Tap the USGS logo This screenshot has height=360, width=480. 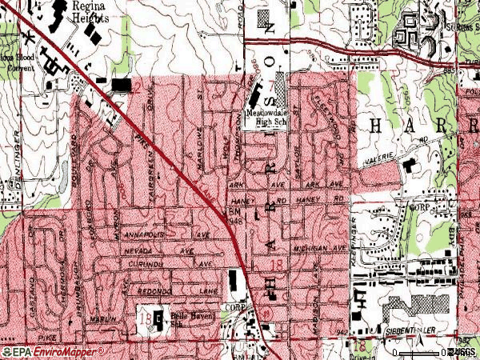(464, 352)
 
